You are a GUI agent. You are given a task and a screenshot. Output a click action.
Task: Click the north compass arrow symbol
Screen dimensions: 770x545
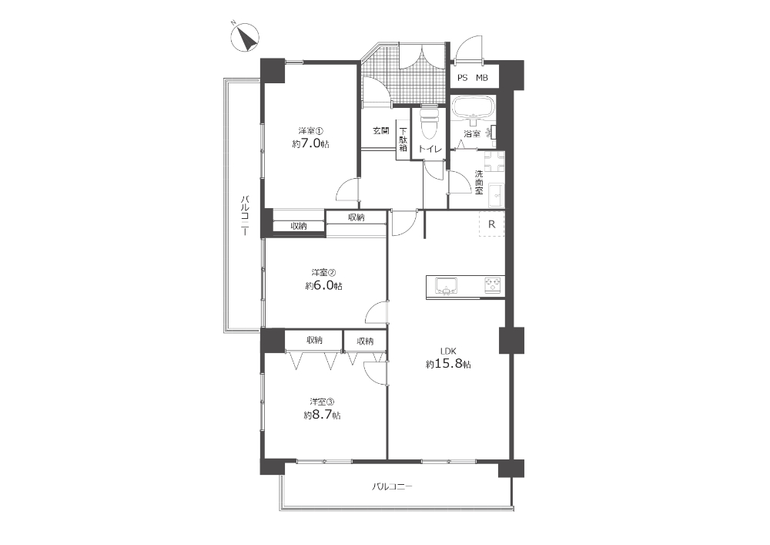pyautogui.click(x=245, y=37)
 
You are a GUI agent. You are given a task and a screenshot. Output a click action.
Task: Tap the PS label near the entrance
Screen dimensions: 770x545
pyautogui.click(x=462, y=78)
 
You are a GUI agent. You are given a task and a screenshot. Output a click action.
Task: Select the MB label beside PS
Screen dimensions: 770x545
pyautogui.click(x=482, y=78)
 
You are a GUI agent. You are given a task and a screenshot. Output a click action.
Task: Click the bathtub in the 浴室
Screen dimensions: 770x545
pyautogui.click(x=474, y=106)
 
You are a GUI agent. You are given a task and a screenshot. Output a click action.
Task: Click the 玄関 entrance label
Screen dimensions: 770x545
pyautogui.click(x=380, y=131)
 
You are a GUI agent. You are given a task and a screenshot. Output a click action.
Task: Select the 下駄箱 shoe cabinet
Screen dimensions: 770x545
pyautogui.click(x=403, y=140)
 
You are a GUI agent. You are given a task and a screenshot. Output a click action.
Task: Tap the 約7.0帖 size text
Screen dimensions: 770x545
pyautogui.click(x=310, y=144)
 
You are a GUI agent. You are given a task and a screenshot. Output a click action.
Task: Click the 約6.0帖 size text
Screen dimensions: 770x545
pyautogui.click(x=323, y=285)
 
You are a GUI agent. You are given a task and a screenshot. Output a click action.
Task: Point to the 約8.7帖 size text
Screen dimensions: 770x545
pyautogui.click(x=322, y=415)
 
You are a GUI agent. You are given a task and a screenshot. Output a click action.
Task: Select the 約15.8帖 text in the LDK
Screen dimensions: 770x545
pyautogui.click(x=448, y=364)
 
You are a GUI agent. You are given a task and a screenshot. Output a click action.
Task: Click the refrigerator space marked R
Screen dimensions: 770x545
pyautogui.click(x=491, y=224)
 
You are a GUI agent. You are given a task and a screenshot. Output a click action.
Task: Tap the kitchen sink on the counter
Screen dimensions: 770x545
pyautogui.click(x=446, y=285)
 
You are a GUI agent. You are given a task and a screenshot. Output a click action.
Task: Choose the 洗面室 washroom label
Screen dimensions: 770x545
pyautogui.click(x=479, y=182)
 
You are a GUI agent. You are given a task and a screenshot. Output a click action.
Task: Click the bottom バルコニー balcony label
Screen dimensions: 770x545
pyautogui.click(x=391, y=486)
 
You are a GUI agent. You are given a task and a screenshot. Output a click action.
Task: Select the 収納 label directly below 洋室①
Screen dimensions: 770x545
pyautogui.click(x=299, y=226)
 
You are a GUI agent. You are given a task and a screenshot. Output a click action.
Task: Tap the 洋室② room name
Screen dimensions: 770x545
pyautogui.click(x=323, y=272)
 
